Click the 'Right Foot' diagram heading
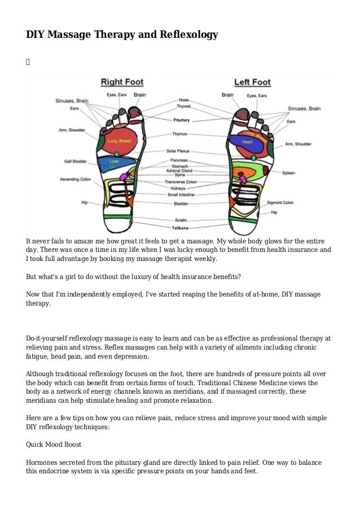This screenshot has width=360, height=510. pos(122,82)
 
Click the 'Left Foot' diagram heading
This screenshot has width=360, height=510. pos(252,82)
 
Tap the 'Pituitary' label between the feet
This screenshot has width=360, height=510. pos(181,120)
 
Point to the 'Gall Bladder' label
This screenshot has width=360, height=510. pos(76,162)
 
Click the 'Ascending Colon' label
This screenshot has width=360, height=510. pos(76,180)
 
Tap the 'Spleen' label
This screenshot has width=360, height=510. pos(288,173)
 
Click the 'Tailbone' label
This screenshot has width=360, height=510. pos(181,228)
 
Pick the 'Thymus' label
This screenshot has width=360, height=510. pos(181,134)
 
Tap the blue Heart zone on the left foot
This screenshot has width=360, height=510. pos(247,142)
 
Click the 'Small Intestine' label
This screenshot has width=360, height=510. pos(181,195)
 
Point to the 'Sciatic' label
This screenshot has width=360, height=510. pos(181,220)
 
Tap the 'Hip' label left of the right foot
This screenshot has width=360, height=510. pos(84,202)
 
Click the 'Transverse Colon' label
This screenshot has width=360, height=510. pos(181,182)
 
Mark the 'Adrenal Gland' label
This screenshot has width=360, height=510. pos(181,170)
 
